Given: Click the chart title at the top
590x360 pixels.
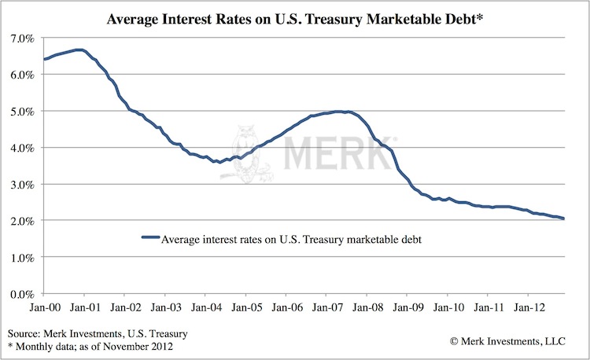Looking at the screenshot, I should point(294,17).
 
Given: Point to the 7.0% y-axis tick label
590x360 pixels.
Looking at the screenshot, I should point(20,38).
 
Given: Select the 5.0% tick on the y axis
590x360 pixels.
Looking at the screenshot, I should point(20,111).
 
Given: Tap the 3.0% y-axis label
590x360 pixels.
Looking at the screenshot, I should point(20,184).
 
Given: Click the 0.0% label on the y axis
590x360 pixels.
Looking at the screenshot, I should point(20,294).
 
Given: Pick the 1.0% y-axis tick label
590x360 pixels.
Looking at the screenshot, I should point(20,257).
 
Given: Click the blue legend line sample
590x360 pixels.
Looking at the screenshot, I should point(149,236).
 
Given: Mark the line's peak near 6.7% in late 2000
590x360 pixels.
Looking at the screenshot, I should point(79,50).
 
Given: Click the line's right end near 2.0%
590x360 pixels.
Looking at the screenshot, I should point(564,219).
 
